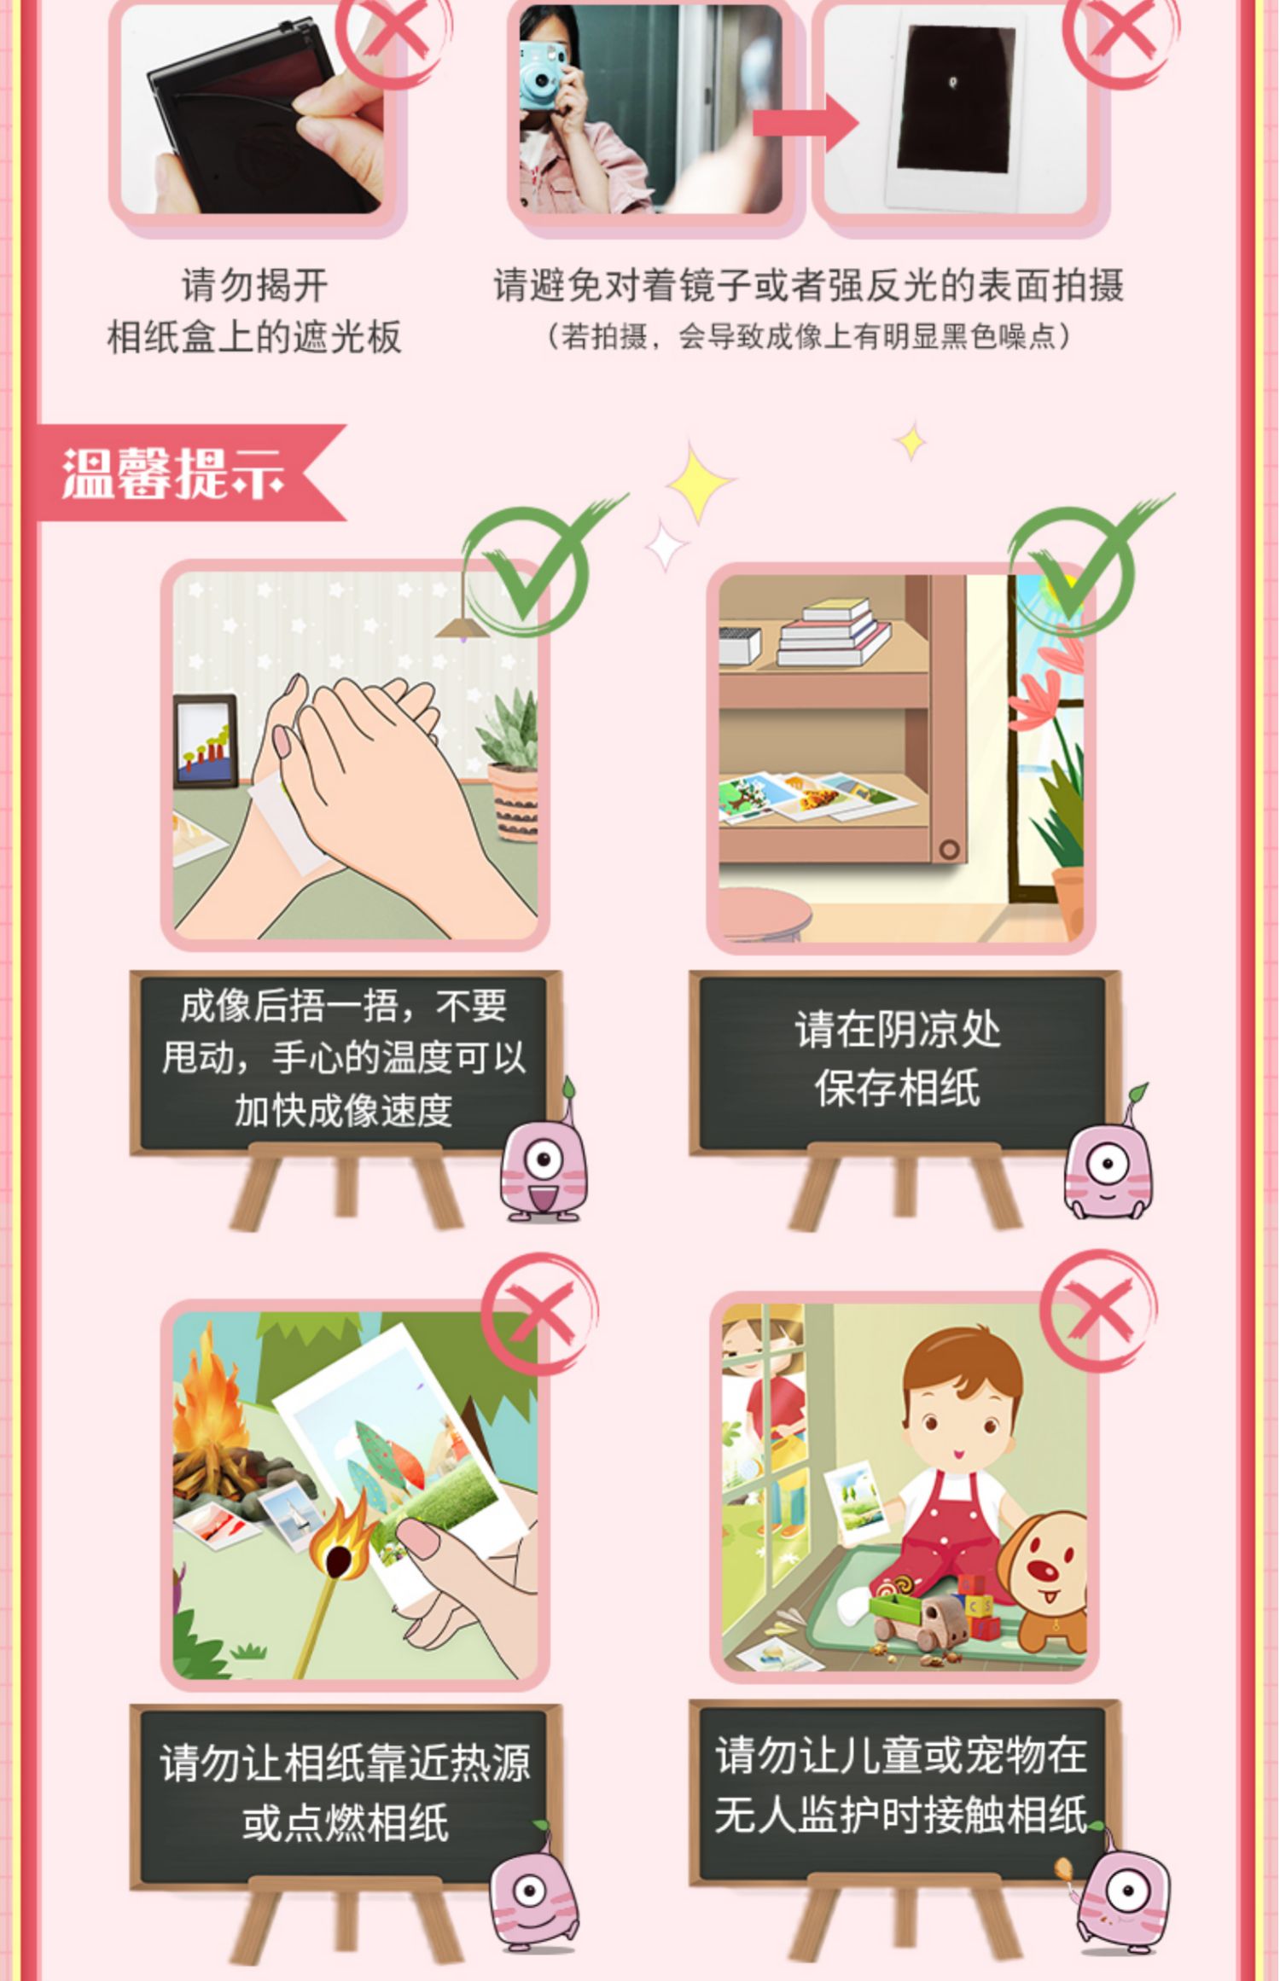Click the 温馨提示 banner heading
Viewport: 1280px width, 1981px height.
pos(173,473)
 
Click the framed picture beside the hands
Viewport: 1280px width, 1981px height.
pos(206,741)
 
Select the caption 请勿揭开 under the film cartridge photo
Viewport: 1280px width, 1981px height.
pos(254,286)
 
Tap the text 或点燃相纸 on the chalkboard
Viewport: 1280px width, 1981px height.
pos(346,1823)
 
